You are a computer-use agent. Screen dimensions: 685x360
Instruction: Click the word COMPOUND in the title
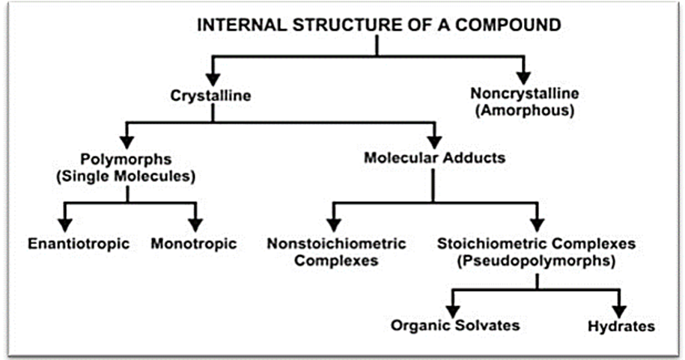508,25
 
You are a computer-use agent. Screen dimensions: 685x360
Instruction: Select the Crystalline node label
210,96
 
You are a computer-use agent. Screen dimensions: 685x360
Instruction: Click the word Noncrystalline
525,93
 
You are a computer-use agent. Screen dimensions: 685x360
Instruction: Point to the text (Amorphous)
525,110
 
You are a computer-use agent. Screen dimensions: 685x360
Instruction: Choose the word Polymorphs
126,159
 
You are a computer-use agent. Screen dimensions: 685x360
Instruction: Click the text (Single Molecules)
126,176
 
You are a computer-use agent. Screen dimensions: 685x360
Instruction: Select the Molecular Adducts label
435,157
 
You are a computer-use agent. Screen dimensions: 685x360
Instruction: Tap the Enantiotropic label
79,243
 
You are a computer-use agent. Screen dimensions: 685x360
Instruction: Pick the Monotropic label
194,243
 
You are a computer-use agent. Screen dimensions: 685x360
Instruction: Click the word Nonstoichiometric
336,243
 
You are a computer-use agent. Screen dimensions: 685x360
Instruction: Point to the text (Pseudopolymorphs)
537,260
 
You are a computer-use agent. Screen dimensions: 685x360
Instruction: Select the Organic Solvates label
455,325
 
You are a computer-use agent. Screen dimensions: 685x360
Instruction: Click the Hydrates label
621,326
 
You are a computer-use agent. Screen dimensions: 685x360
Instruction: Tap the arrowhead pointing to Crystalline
213,79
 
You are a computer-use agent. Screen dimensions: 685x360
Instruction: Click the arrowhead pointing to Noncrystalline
523,77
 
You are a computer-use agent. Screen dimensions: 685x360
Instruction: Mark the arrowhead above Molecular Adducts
434,141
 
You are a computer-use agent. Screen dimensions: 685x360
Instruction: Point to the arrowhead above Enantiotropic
65,225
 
